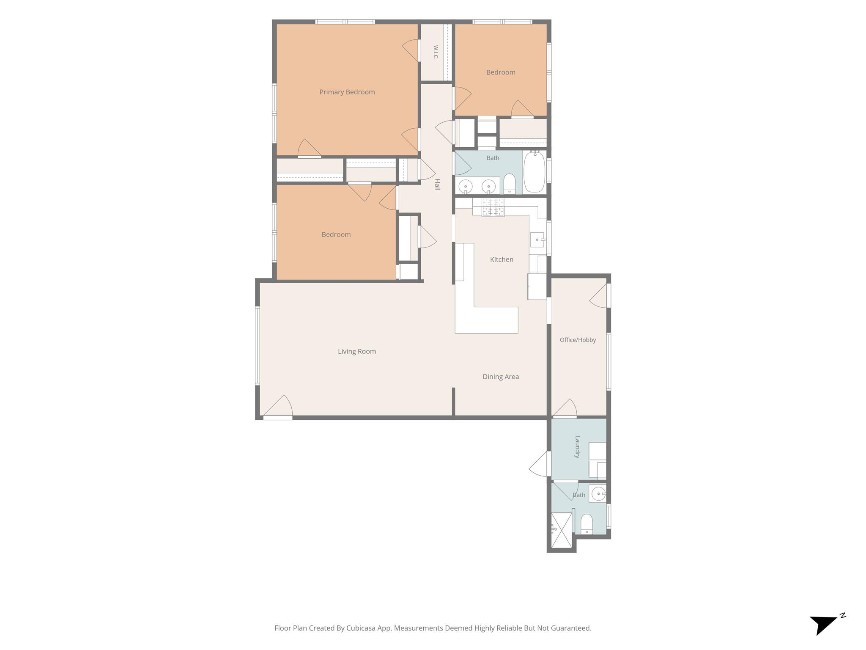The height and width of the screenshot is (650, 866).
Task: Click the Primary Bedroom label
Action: (x=347, y=92)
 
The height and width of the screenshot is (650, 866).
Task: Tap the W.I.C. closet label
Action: (x=436, y=52)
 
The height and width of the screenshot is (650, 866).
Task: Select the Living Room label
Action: (x=357, y=351)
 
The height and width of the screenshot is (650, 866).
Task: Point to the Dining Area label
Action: (x=501, y=377)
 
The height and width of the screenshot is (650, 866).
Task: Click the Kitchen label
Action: (x=502, y=259)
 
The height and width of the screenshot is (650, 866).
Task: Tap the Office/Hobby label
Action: (x=578, y=340)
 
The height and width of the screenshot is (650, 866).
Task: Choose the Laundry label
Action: (x=577, y=447)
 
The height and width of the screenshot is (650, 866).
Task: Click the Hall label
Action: (x=437, y=185)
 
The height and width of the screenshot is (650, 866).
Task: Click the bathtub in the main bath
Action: (x=534, y=172)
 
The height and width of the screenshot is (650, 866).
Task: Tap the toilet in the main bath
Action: (x=510, y=184)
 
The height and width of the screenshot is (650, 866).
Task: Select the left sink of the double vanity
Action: (x=466, y=186)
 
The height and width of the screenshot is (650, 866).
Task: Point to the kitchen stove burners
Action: (x=493, y=207)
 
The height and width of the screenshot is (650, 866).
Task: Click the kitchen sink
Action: (x=538, y=240)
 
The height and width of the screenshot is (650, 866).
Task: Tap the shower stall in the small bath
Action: (x=562, y=530)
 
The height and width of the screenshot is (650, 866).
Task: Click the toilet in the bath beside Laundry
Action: (x=586, y=524)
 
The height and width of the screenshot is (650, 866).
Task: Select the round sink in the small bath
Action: (x=598, y=493)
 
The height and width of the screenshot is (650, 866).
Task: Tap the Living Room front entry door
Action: (x=278, y=407)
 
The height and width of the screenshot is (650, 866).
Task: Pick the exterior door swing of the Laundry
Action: (x=540, y=464)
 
